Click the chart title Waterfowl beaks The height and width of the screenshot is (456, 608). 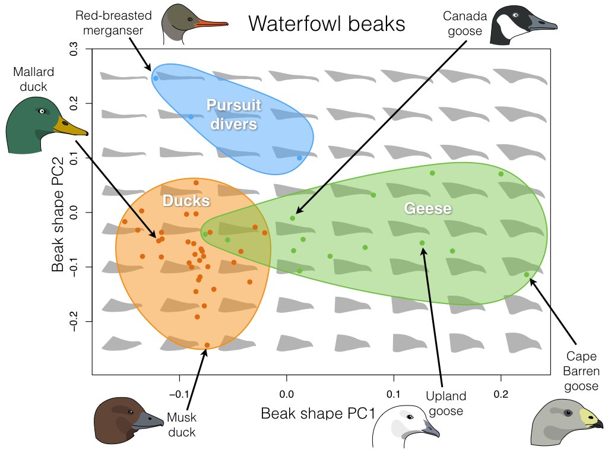tap(327, 24)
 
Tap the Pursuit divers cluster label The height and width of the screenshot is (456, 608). tap(232, 115)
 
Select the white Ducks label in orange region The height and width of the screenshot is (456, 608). tap(186, 201)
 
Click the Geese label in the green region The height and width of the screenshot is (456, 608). tap(428, 208)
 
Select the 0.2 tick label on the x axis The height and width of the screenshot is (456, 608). tap(501, 394)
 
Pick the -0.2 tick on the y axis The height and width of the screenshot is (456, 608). tap(74, 321)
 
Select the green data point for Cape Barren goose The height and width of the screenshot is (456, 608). tap(527, 274)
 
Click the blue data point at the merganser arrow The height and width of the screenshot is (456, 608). tap(156, 78)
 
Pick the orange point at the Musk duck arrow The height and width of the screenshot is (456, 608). tap(207, 345)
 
